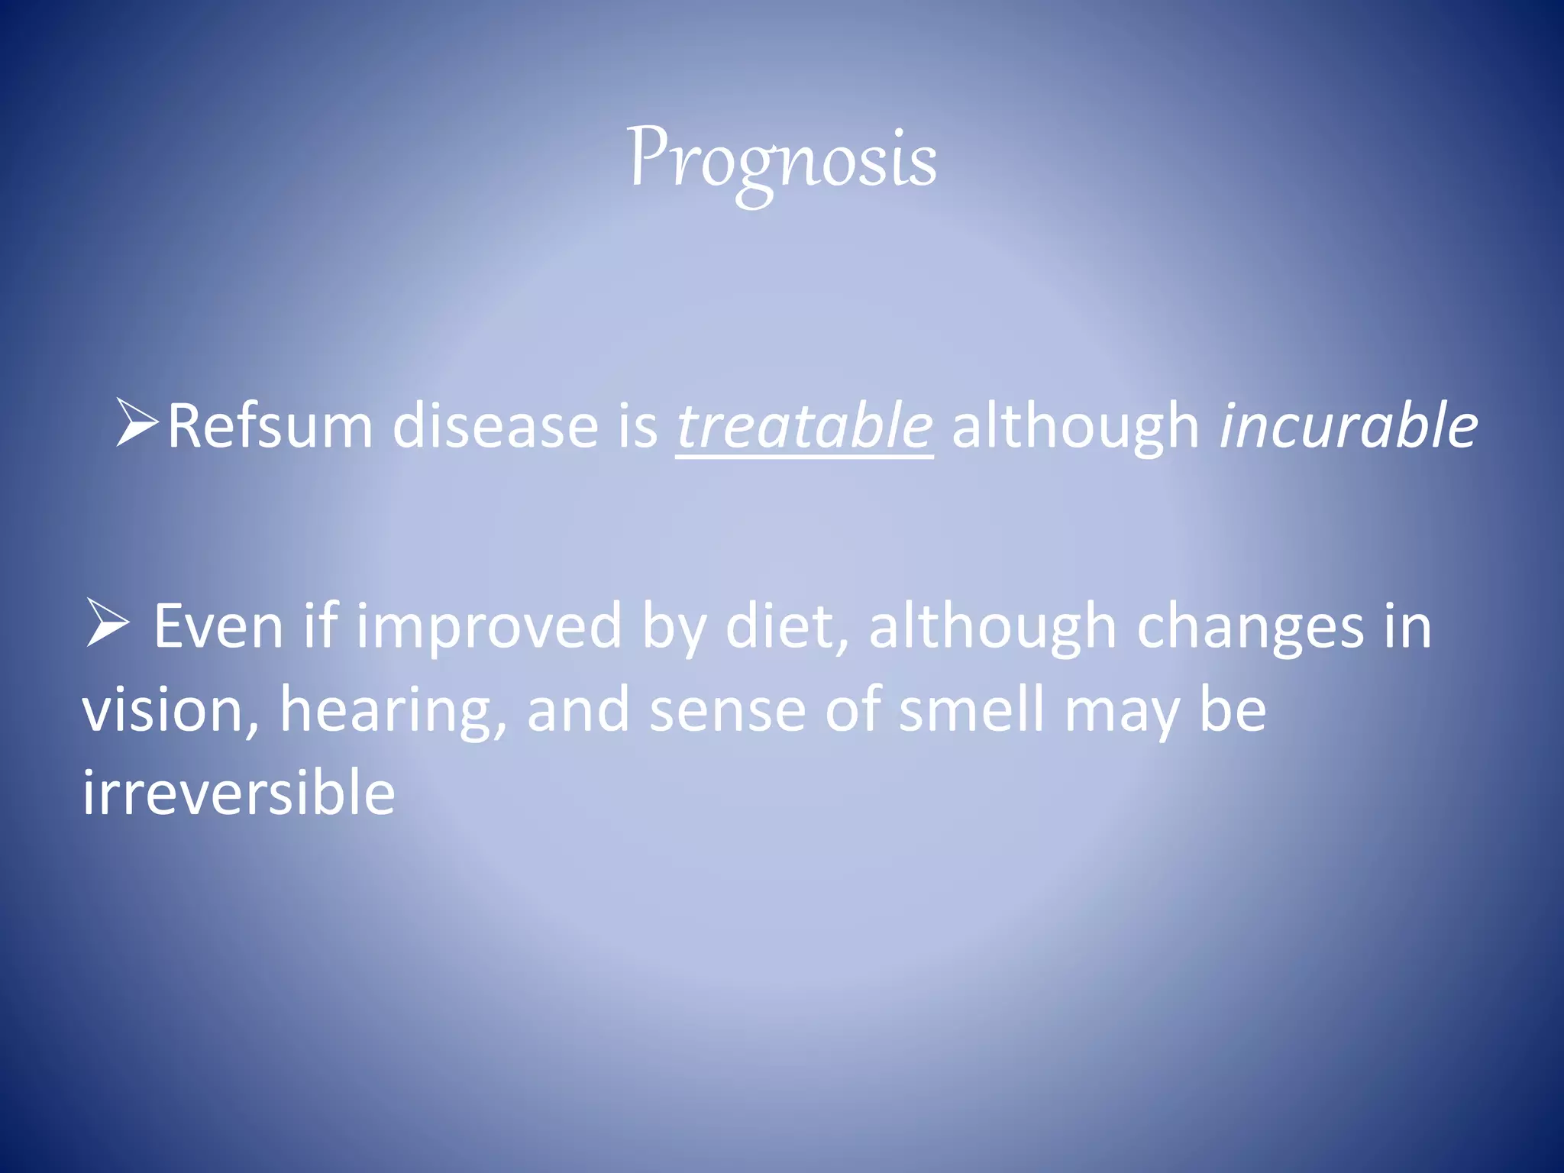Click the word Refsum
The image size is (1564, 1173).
pos(270,426)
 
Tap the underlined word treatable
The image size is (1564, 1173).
pos(804,426)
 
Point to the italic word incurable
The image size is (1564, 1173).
pos(1348,426)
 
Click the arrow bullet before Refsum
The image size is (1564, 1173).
pos(137,422)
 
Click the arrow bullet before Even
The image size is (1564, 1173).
pos(107,623)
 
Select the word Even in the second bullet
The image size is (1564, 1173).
pos(218,626)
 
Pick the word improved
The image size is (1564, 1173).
pos(489,626)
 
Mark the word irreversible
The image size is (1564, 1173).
pos(238,793)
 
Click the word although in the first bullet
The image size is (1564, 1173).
pos(1075,426)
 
